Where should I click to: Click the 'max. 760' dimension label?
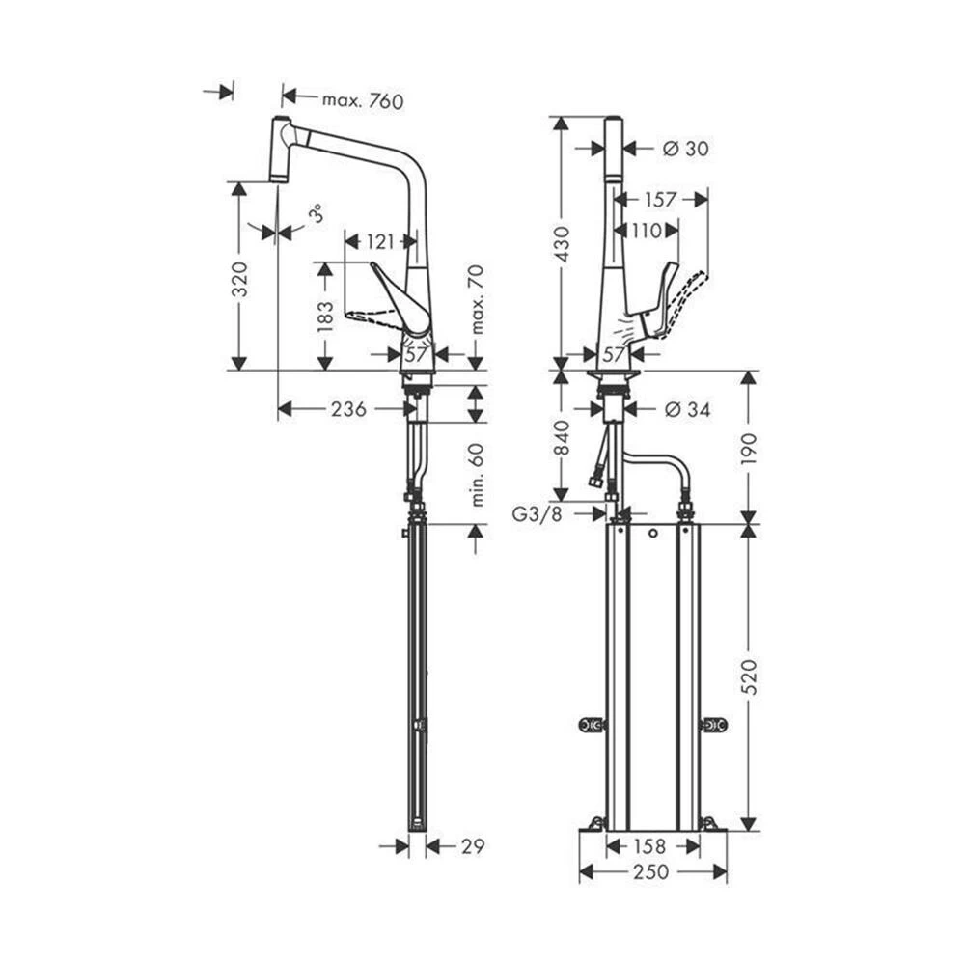pyautogui.click(x=362, y=100)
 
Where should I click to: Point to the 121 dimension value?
pyautogui.click(x=381, y=242)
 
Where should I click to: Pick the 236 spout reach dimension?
pyautogui.click(x=347, y=409)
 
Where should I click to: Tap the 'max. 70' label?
pyautogui.click(x=475, y=299)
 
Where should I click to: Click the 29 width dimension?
pyautogui.click(x=472, y=846)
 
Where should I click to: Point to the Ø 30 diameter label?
pyautogui.click(x=686, y=148)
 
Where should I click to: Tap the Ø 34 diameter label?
pyautogui.click(x=687, y=410)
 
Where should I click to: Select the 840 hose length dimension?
pyautogui.click(x=562, y=437)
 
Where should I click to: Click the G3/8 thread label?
pyautogui.click(x=537, y=514)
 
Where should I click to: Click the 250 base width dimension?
pyautogui.click(x=652, y=872)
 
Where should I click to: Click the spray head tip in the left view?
pyautogui.click(x=279, y=176)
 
